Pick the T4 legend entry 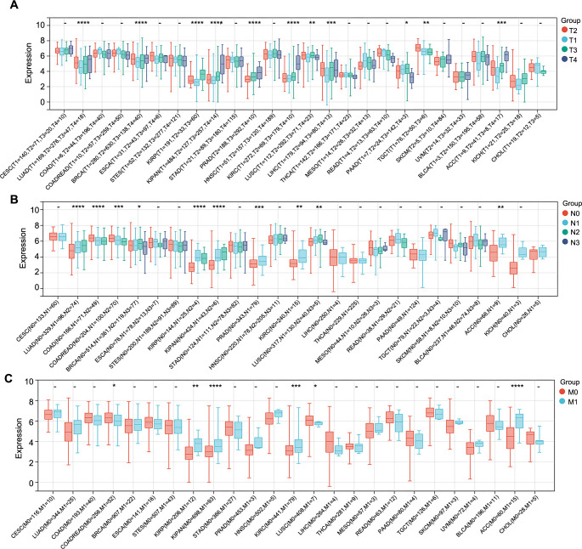coord(560,72)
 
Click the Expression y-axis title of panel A coord(10,64)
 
